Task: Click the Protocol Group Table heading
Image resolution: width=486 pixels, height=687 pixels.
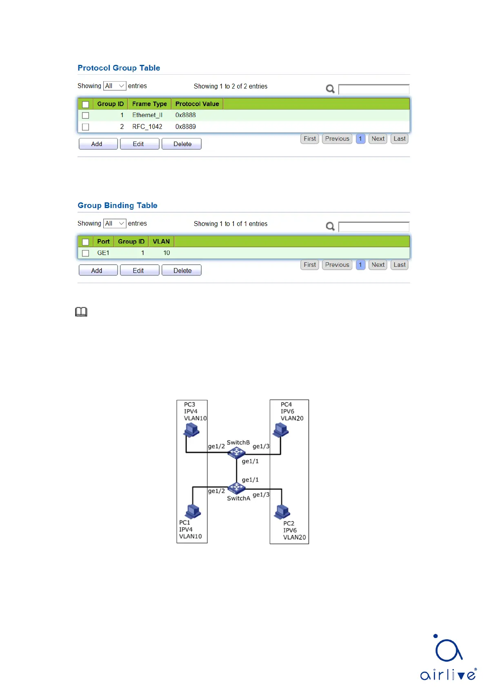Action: [119, 68]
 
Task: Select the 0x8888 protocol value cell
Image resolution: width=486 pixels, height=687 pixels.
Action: [186, 115]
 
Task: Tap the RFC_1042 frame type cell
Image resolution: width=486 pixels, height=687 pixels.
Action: [147, 127]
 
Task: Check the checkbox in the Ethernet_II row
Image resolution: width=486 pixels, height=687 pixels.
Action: [86, 115]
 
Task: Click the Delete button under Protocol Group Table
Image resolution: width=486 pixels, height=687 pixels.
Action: [182, 144]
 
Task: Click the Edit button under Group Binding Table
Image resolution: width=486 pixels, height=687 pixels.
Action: [138, 270]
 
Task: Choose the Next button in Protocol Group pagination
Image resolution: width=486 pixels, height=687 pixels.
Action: [378, 139]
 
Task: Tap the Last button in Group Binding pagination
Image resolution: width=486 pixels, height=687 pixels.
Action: [399, 265]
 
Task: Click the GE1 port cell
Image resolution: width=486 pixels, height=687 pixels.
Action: [103, 253]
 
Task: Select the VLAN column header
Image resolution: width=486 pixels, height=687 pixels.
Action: [161, 242]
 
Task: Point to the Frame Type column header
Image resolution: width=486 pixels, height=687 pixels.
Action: [149, 104]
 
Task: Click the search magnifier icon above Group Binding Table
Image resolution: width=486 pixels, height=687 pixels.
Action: [331, 226]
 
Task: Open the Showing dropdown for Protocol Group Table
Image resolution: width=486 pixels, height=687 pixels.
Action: [115, 86]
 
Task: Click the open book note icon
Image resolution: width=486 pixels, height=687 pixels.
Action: [81, 312]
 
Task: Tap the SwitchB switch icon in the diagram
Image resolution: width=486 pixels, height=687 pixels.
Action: [237, 452]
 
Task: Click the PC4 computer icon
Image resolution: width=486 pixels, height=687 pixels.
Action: [281, 430]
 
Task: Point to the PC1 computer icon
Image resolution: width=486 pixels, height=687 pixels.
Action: [193, 512]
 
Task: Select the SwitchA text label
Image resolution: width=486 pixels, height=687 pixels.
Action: [238, 499]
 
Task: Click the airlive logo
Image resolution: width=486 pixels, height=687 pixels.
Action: [448, 657]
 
